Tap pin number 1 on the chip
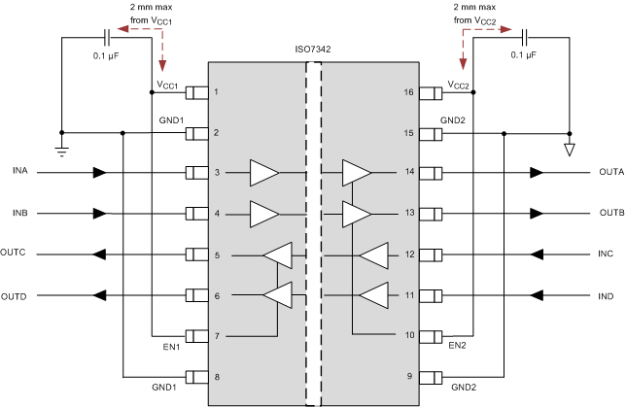(216, 93)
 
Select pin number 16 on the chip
(408, 93)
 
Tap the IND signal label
(609, 295)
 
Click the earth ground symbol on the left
(60, 149)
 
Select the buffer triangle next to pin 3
(263, 173)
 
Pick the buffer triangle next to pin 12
(374, 255)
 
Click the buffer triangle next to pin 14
(356, 173)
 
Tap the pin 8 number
(216, 377)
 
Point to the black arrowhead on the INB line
(99, 214)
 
